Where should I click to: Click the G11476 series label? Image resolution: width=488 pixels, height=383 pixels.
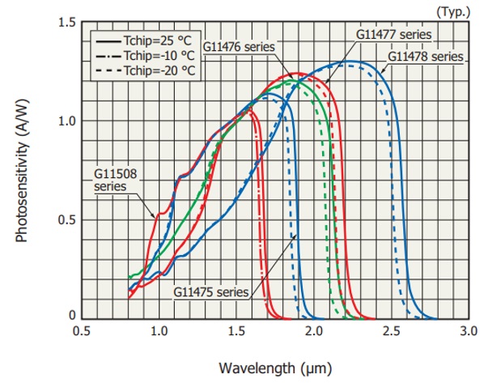pos(240,46)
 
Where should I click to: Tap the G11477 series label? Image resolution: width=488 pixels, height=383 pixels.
pos(393,35)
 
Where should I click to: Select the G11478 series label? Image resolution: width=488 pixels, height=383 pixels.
pos(425,57)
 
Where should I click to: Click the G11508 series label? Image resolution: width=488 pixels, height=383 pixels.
pos(110,179)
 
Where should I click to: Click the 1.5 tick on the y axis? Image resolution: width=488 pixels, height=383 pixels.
pos(67,22)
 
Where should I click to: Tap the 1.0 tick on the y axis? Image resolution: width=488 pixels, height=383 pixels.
pos(67,121)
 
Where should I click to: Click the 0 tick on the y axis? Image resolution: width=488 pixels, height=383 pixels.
pos(71,317)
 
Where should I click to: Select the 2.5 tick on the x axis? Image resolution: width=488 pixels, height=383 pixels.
pos(391,331)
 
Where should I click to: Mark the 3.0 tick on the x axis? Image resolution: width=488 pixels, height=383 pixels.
pos(468,331)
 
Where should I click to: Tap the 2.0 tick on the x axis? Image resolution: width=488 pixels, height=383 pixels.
pos(313,331)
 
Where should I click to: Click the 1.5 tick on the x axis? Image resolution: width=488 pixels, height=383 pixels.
pos(236,331)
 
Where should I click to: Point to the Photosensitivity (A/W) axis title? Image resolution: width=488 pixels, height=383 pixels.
pos(21,171)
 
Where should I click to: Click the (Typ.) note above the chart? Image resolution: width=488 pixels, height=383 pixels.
pos(451,11)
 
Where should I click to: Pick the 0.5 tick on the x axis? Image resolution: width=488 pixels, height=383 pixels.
pos(82,331)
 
